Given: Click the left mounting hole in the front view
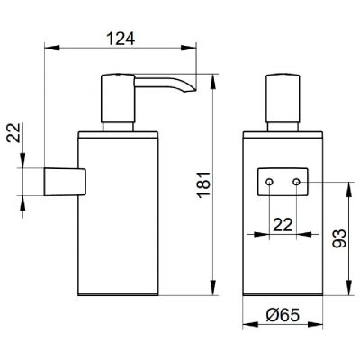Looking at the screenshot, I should tap(269, 183).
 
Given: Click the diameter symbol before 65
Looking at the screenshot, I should tap(270, 316).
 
